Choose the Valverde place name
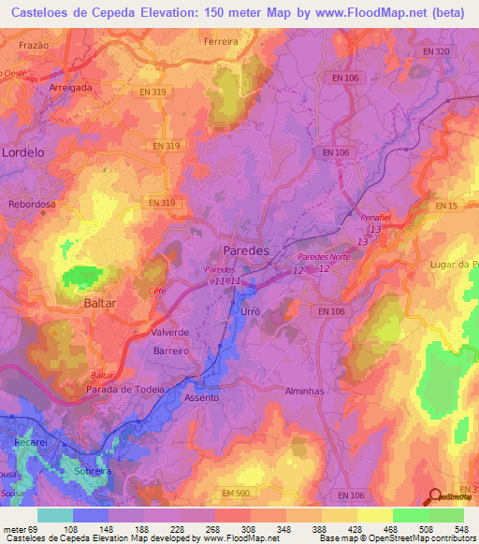170,332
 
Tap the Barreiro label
170,351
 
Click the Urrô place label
249,310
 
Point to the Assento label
201,397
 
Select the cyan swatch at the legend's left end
54,515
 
